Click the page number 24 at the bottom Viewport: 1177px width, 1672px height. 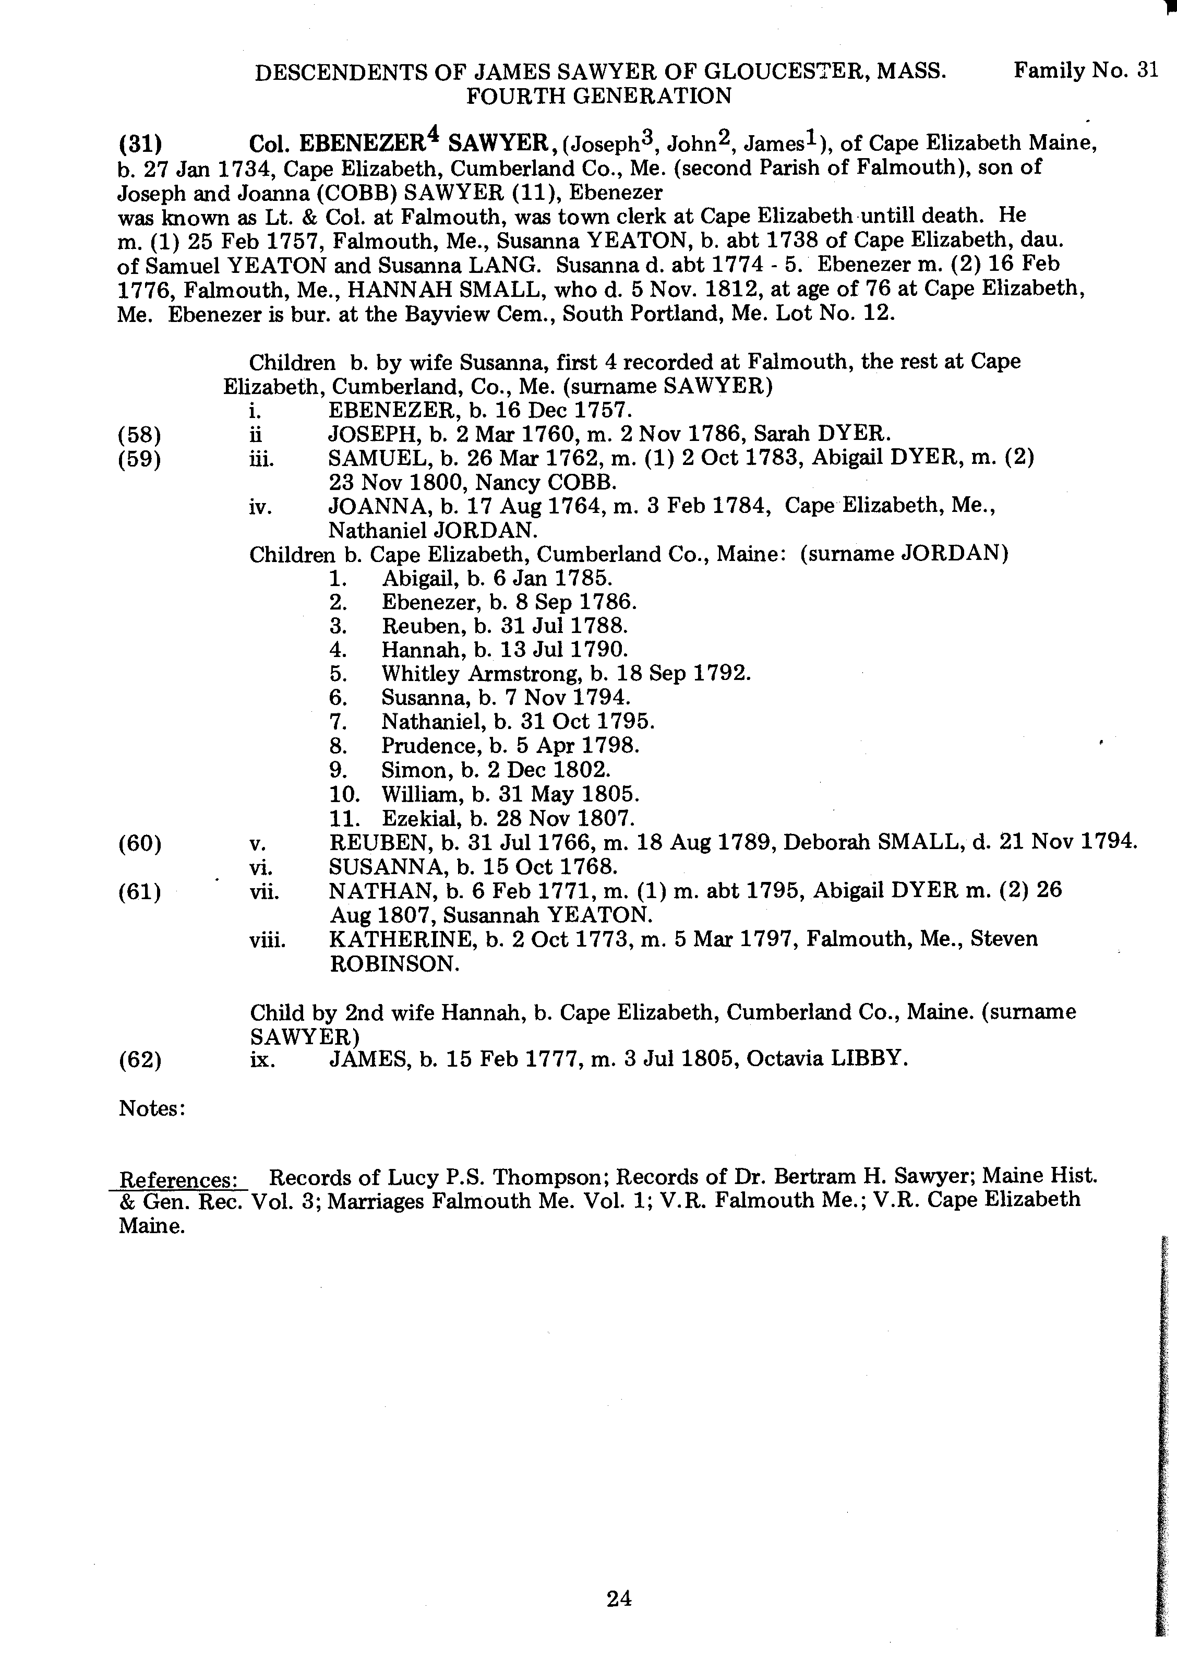pos(618,1598)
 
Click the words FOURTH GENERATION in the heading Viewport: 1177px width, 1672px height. pos(598,96)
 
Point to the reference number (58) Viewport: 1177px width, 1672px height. pos(139,435)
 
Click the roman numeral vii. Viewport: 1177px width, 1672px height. pos(263,892)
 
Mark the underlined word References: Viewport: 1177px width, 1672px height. pos(178,1179)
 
